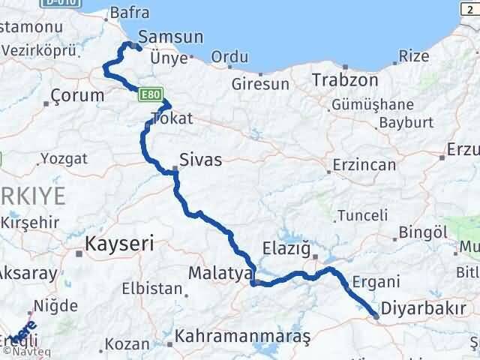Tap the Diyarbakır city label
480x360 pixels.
pyautogui.click(x=423, y=308)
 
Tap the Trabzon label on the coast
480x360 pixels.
pyautogui.click(x=342, y=79)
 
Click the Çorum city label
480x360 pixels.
pyautogui.click(x=77, y=95)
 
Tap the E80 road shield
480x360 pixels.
pyautogui.click(x=146, y=93)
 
